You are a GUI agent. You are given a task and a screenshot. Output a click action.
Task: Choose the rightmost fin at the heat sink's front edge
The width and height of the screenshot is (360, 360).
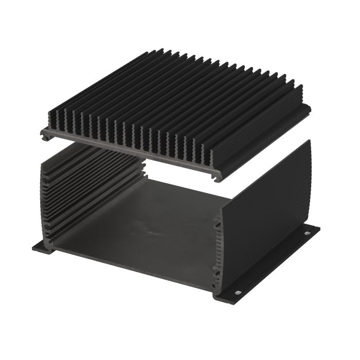pos(206,154)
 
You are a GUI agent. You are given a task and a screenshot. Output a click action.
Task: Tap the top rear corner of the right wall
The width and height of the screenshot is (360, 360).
pos(309,141)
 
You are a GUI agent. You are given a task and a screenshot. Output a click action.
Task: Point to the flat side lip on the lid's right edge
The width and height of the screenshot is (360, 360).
pos(267,136)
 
